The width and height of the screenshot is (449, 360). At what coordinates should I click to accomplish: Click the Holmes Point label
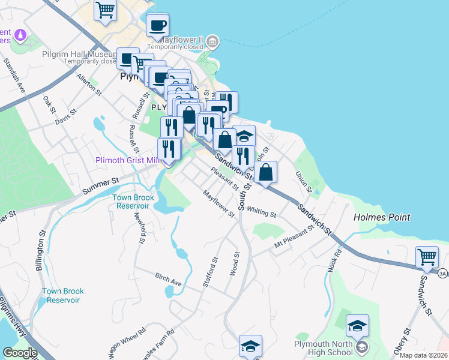381,217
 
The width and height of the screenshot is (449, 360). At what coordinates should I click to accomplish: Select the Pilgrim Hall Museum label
79,55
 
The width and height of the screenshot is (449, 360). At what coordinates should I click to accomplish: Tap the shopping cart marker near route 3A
427,258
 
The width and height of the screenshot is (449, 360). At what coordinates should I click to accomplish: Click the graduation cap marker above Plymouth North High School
357,326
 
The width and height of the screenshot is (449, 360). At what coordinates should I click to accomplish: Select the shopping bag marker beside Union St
265,172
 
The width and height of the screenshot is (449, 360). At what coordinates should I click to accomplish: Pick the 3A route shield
443,274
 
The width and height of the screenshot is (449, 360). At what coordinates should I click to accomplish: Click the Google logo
20,353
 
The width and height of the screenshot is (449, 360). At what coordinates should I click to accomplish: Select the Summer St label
109,181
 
